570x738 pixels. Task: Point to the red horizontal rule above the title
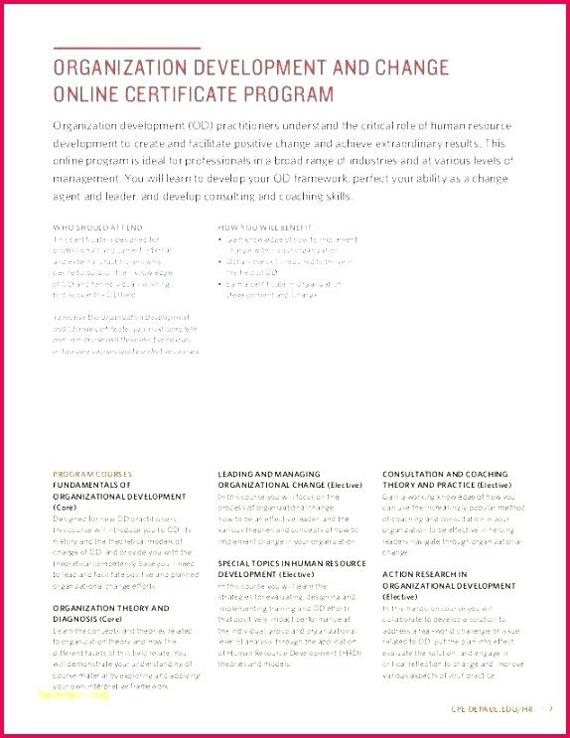[126, 48]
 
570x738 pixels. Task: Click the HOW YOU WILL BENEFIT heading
[259, 227]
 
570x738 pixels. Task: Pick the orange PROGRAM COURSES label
[91, 474]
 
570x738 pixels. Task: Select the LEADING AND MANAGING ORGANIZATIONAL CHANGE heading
[283, 479]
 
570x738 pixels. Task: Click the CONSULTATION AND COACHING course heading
[445, 479]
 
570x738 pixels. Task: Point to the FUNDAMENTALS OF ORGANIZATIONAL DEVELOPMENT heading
[105, 496]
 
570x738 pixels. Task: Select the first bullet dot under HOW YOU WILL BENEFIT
[220, 239]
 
